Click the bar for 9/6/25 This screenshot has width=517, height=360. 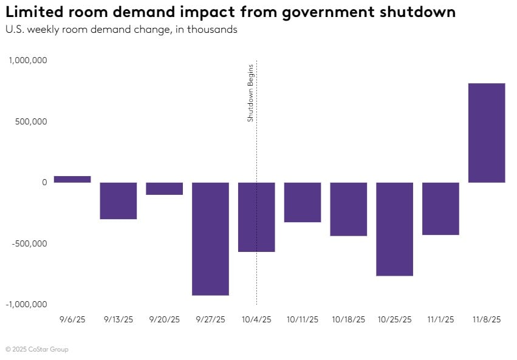[72, 179]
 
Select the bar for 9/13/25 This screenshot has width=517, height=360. [118, 200]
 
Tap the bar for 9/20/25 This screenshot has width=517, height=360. [164, 188]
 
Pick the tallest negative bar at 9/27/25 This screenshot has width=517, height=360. [210, 239]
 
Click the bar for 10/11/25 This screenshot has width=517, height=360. [303, 202]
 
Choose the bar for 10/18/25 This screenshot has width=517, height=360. [349, 209]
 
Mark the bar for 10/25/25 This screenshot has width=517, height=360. [395, 229]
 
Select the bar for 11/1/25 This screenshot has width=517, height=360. [440, 208]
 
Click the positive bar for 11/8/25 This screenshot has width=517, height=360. [487, 133]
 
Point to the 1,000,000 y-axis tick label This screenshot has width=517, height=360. [27, 61]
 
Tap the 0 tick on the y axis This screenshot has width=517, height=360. [44, 182]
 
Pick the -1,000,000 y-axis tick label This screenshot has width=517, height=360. [26, 304]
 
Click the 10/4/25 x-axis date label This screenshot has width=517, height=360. [256, 319]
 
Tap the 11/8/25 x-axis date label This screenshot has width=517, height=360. [487, 319]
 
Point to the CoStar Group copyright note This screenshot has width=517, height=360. [37, 349]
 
